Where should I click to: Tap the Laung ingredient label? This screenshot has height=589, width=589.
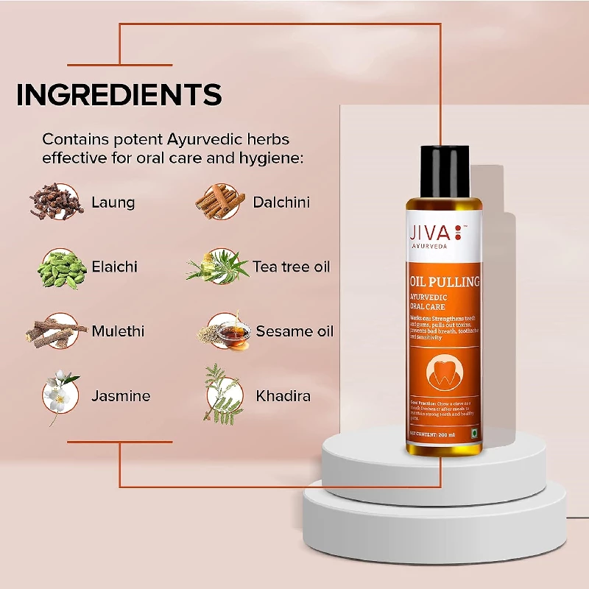tap(113, 202)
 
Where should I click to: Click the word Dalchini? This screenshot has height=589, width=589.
tap(281, 202)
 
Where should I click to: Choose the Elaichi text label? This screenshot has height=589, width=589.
tap(114, 266)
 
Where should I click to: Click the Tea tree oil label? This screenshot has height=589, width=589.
tap(292, 266)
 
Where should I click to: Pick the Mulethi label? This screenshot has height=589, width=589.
tap(118, 331)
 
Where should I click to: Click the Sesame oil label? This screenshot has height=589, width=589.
tap(294, 331)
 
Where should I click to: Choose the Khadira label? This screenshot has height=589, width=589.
tap(283, 396)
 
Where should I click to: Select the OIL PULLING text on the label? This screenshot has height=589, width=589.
tap(445, 281)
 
